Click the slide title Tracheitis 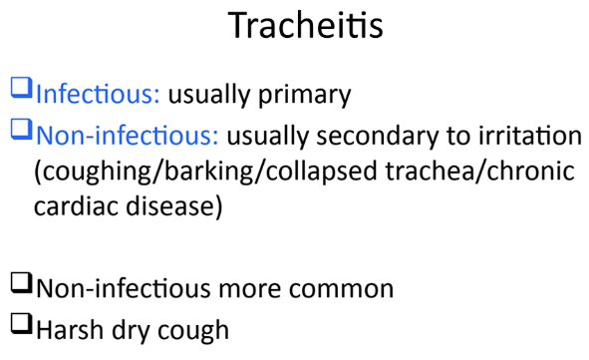[305, 26]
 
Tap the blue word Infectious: [98, 94]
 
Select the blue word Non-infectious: [128, 135]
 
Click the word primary [304, 95]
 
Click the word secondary [377, 136]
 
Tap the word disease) [174, 206]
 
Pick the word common [341, 288]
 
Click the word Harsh [70, 329]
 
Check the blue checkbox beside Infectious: [21, 88]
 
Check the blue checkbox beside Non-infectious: [21, 130]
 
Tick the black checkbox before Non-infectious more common [21, 282]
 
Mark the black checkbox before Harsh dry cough [21, 323]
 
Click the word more [249, 289]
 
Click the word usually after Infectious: [209, 95]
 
